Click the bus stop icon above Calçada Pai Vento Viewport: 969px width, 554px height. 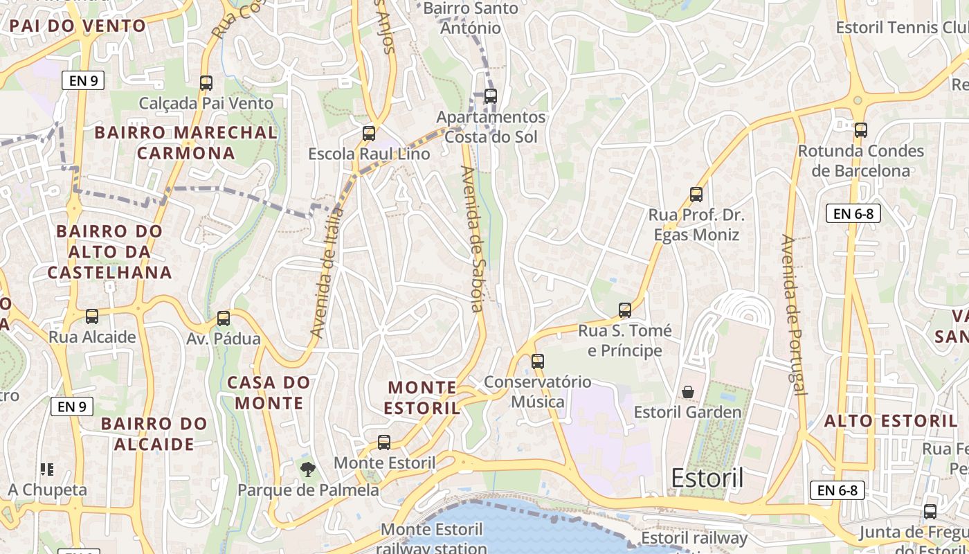pyautogui.click(x=206, y=83)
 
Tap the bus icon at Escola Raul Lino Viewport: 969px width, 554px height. pyautogui.click(x=369, y=133)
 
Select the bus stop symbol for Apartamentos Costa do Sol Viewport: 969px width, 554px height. pyautogui.click(x=491, y=96)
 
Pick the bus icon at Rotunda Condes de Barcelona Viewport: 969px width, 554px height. pyautogui.click(x=861, y=130)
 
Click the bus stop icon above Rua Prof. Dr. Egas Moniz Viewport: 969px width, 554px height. pyautogui.click(x=696, y=195)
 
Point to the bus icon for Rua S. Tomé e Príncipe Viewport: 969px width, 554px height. pyautogui.click(x=625, y=310)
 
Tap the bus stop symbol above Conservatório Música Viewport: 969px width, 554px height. pyautogui.click(x=538, y=361)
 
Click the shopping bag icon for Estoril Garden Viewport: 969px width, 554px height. pyautogui.click(x=688, y=393)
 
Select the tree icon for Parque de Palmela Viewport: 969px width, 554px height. pyautogui.click(x=308, y=470)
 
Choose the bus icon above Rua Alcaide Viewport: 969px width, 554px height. pyautogui.click(x=92, y=316)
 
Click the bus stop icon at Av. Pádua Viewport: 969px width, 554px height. pyautogui.click(x=224, y=319)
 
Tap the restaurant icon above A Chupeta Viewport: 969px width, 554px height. pyautogui.click(x=47, y=470)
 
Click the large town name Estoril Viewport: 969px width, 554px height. pyautogui.click(x=707, y=478)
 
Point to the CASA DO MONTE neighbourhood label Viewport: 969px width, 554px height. pyautogui.click(x=269, y=393)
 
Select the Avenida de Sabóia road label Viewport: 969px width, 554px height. pyautogui.click(x=473, y=239)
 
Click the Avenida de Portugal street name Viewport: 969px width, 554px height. pyautogui.click(x=793, y=315)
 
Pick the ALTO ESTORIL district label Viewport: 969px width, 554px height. pyautogui.click(x=890, y=421)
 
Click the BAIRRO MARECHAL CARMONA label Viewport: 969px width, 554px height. pyautogui.click(x=185, y=143)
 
